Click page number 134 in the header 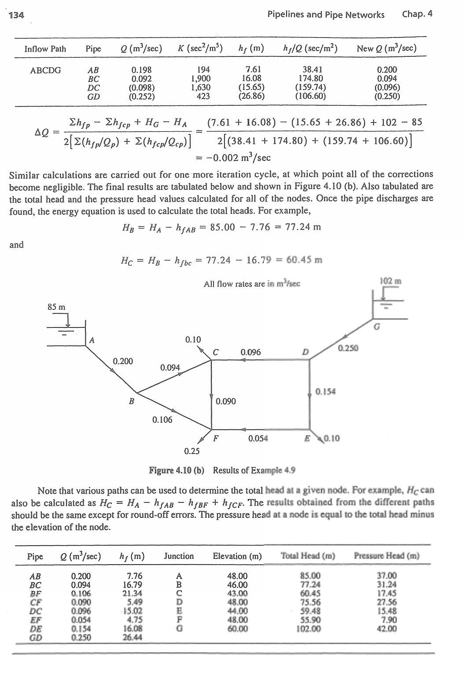tap(16, 15)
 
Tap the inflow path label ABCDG tap(45, 70)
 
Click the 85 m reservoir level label tap(56, 307)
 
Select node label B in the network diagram tap(131, 401)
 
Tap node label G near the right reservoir tap(376, 327)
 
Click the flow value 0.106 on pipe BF tap(162, 420)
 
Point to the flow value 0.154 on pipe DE tap(326, 391)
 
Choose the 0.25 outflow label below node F tap(192, 451)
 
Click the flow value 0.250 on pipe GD tap(348, 348)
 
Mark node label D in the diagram tap(305, 352)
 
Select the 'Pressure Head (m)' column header tap(387, 556)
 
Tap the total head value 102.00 tap(308, 629)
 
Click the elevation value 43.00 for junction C tap(237, 593)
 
